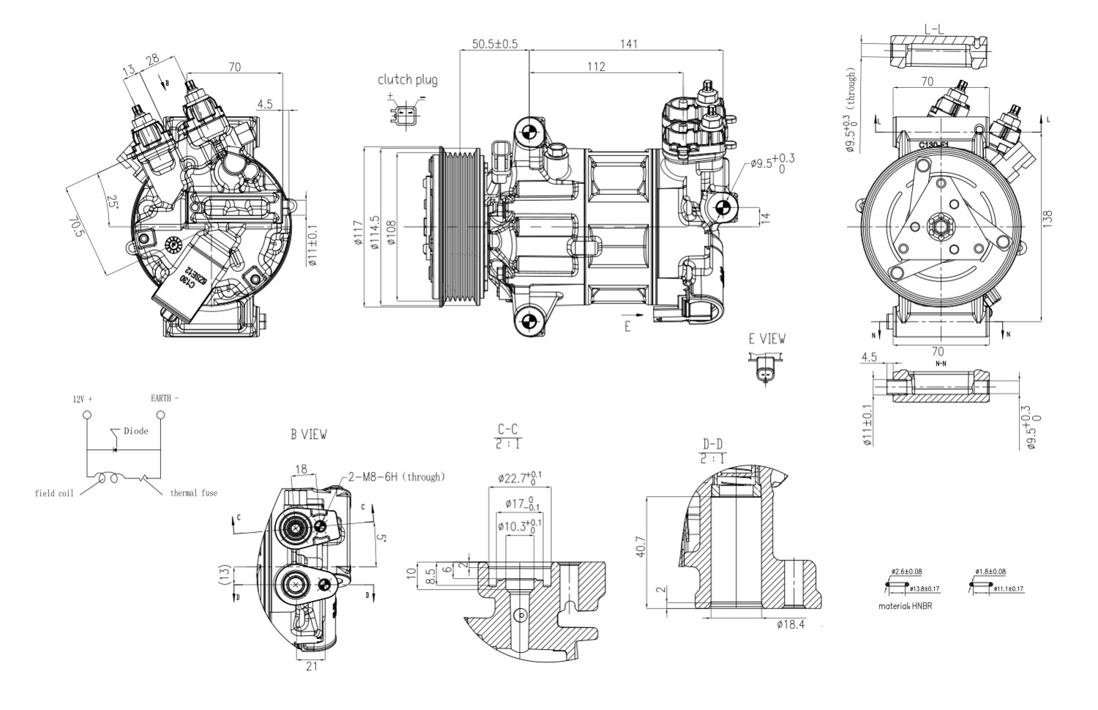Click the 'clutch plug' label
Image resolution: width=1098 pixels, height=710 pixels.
407,80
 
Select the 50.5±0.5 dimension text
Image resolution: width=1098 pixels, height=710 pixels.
494,44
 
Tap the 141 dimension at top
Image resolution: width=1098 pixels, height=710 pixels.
628,44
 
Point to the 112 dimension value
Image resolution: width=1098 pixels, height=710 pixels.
596,67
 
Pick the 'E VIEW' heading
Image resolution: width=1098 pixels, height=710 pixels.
766,339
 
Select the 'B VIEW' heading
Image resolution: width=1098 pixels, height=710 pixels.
309,434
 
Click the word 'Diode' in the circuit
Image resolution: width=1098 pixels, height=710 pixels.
135,431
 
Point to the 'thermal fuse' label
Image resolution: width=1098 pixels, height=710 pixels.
193,493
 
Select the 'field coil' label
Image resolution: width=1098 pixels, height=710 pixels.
54,493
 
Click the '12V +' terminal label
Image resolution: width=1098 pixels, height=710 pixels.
83,399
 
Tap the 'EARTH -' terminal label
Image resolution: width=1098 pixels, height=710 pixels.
164,399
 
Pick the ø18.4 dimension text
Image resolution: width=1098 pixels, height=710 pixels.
791,624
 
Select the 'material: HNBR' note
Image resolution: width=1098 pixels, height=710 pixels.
905,606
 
